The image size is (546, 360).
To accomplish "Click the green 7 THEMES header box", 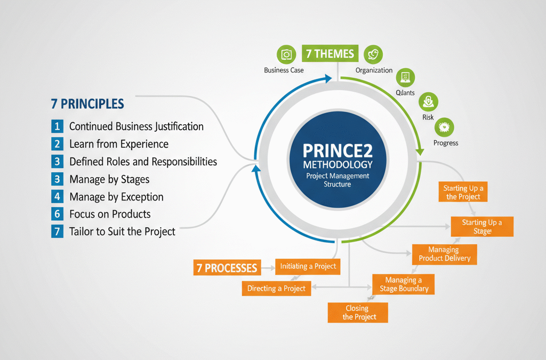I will tap(329, 54).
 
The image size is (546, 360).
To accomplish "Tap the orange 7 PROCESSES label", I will tap(226, 268).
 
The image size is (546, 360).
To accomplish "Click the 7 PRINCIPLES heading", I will tap(87, 103).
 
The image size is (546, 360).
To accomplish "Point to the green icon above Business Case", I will tap(286, 55).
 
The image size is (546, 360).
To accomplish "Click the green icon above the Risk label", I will tap(428, 101).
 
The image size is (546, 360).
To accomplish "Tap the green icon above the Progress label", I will tap(444, 127).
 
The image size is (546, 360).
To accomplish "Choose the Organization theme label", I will tap(374, 70).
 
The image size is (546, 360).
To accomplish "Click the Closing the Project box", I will tap(357, 313).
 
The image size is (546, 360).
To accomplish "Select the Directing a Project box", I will tap(276, 289).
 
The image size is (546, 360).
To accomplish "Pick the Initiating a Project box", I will tap(308, 266).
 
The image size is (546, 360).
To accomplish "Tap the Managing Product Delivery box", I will tap(445, 254).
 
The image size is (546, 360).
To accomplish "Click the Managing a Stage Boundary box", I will tap(404, 284).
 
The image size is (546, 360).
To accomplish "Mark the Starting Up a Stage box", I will tap(482, 227).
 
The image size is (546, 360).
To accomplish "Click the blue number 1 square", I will tap(57, 126).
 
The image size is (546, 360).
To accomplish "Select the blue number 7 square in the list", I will tap(57, 231).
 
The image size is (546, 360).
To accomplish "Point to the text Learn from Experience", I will tap(119, 144).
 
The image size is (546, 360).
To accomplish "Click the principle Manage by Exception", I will tap(116, 197).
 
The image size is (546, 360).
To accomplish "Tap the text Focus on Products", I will tap(110, 214).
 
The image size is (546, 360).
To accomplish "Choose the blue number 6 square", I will tap(57, 214).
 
